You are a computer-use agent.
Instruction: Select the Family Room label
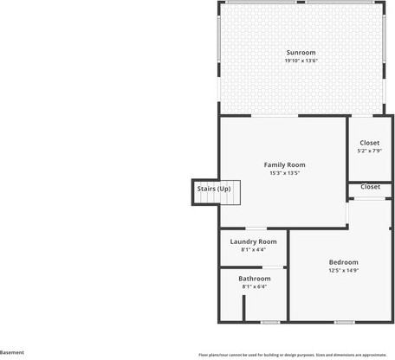tap(285, 164)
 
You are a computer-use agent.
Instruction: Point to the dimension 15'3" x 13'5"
tap(285, 172)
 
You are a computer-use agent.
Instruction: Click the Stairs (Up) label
tap(213, 188)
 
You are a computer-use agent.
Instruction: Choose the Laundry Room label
tap(253, 241)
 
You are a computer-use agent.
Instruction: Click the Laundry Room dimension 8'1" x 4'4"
tap(253, 249)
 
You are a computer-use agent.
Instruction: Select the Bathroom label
tap(255, 279)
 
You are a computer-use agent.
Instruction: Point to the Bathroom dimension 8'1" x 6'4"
tap(255, 286)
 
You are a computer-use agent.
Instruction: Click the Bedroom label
tap(343, 262)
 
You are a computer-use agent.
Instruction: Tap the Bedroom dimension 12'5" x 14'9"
tap(343, 270)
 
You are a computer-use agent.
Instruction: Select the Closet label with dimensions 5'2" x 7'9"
tap(370, 143)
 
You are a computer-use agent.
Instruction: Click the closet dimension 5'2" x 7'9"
tap(370, 151)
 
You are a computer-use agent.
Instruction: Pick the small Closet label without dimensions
tap(370, 186)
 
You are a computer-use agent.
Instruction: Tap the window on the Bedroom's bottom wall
tap(344, 322)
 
